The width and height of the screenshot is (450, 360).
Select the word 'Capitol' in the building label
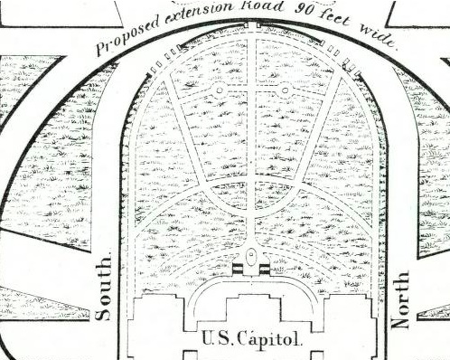pyautogui.click(x=267, y=340)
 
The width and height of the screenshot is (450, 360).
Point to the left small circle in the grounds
pyautogui.click(x=219, y=90)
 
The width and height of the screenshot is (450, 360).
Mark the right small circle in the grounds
pyautogui.click(x=285, y=90)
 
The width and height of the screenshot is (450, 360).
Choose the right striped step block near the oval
pyautogui.click(x=265, y=265)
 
